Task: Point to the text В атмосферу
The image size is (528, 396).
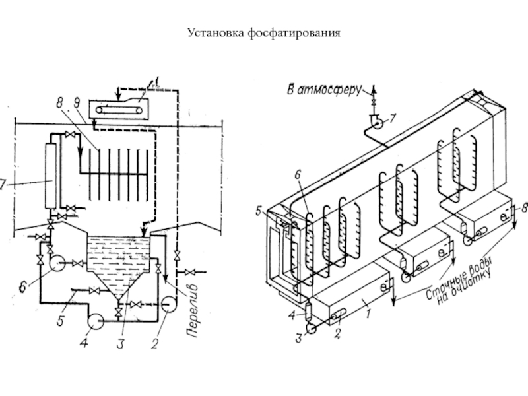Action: point(323,87)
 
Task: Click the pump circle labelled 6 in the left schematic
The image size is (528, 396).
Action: point(56,264)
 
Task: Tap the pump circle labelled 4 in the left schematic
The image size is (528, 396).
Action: point(95,320)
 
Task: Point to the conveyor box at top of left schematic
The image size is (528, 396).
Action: point(120,107)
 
